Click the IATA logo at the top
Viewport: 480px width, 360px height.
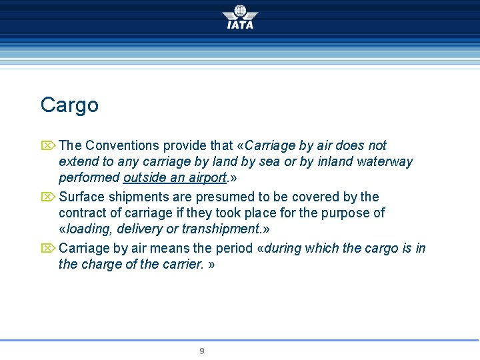[240, 17]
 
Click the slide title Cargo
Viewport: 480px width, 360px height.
[69, 105]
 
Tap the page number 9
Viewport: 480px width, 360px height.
[202, 351]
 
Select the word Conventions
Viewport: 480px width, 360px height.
[123, 145]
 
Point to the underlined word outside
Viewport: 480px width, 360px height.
[143, 178]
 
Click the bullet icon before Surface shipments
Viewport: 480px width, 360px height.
[48, 197]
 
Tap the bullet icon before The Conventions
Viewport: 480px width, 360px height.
[48, 145]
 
